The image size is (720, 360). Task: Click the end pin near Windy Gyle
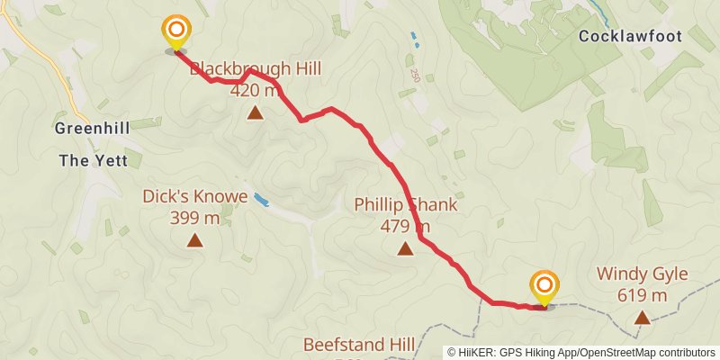click(544, 287)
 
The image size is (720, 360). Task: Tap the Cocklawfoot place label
click(643, 37)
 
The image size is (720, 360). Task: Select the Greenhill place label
click(92, 128)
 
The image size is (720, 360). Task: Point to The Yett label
click(100, 161)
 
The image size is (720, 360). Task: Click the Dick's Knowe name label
click(194, 195)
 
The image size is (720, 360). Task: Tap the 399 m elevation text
click(194, 217)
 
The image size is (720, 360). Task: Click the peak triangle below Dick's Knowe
click(194, 239)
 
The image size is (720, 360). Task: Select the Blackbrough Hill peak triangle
click(256, 112)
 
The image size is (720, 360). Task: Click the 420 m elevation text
click(256, 90)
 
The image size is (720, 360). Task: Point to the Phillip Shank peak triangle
click(405, 248)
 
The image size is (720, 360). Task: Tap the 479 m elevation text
click(405, 226)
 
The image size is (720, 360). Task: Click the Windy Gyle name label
click(642, 274)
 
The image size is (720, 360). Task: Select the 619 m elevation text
click(642, 295)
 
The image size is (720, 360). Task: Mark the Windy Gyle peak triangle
click(642, 317)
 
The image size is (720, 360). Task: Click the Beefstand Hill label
click(359, 345)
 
